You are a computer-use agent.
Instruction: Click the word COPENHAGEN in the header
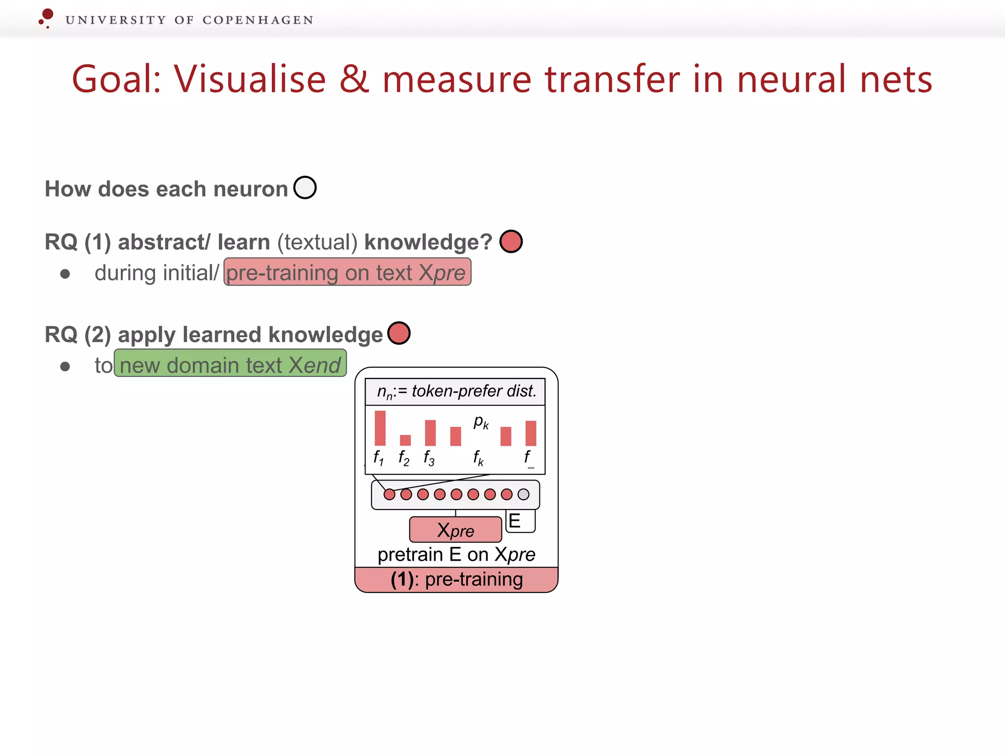click(x=258, y=20)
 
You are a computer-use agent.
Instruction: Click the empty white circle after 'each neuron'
click(x=305, y=188)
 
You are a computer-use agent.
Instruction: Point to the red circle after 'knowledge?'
click(x=511, y=242)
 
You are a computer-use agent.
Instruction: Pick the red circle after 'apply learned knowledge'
click(x=398, y=333)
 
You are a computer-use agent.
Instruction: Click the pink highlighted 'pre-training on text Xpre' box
click(x=347, y=272)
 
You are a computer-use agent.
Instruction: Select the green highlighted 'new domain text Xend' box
click(x=230, y=364)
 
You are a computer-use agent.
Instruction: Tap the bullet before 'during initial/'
click(x=65, y=274)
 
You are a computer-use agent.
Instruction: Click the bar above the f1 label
click(x=380, y=428)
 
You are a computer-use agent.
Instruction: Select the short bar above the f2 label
click(x=405, y=440)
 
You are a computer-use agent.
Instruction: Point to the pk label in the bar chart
click(x=481, y=422)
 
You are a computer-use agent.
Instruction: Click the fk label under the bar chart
click(x=478, y=458)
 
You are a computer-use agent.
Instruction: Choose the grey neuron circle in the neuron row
click(x=524, y=494)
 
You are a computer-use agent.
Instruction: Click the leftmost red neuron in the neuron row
click(x=389, y=494)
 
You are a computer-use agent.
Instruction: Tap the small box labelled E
click(x=519, y=521)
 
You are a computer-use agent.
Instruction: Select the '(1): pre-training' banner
click(x=456, y=580)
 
